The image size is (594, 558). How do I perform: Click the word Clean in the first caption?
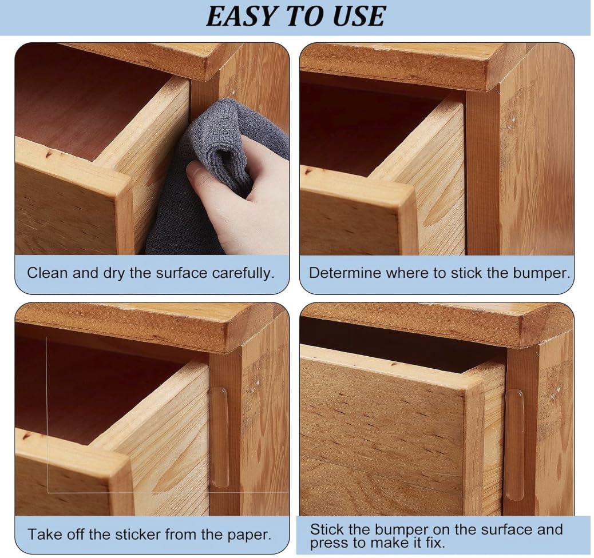coord(47,273)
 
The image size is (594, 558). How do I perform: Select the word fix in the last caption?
coord(434,543)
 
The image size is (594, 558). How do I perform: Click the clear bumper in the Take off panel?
coord(219,437)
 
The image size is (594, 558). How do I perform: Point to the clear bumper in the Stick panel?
coord(515,445)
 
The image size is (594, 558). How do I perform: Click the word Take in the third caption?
coord(43,535)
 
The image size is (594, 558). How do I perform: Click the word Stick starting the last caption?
coord(327,529)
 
